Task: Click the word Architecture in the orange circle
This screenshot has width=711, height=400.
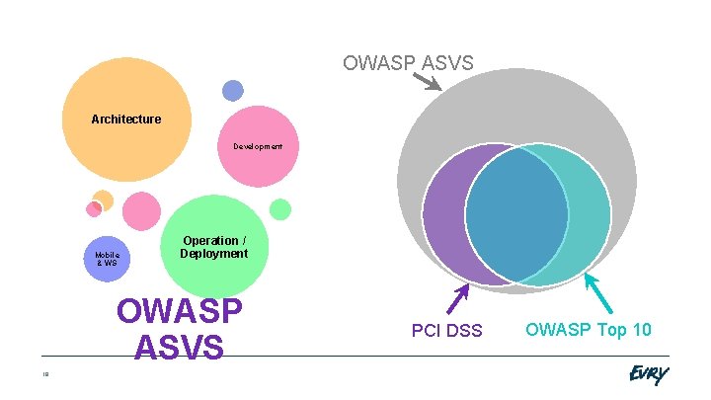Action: [125, 120]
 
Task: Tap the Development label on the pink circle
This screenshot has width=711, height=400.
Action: [257, 146]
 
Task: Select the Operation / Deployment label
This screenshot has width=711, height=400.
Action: [213, 247]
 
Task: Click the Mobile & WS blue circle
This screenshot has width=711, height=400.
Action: [106, 260]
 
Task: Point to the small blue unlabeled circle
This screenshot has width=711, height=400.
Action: [232, 91]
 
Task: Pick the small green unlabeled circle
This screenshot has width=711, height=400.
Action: [280, 208]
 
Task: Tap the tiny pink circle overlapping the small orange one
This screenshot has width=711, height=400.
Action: [94, 208]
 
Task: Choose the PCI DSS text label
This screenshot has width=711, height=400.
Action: [446, 330]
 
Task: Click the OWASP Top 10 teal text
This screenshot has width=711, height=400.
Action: [588, 330]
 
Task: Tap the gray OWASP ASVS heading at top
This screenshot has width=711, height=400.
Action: [408, 63]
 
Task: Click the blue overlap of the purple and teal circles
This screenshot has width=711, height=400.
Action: [516, 214]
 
